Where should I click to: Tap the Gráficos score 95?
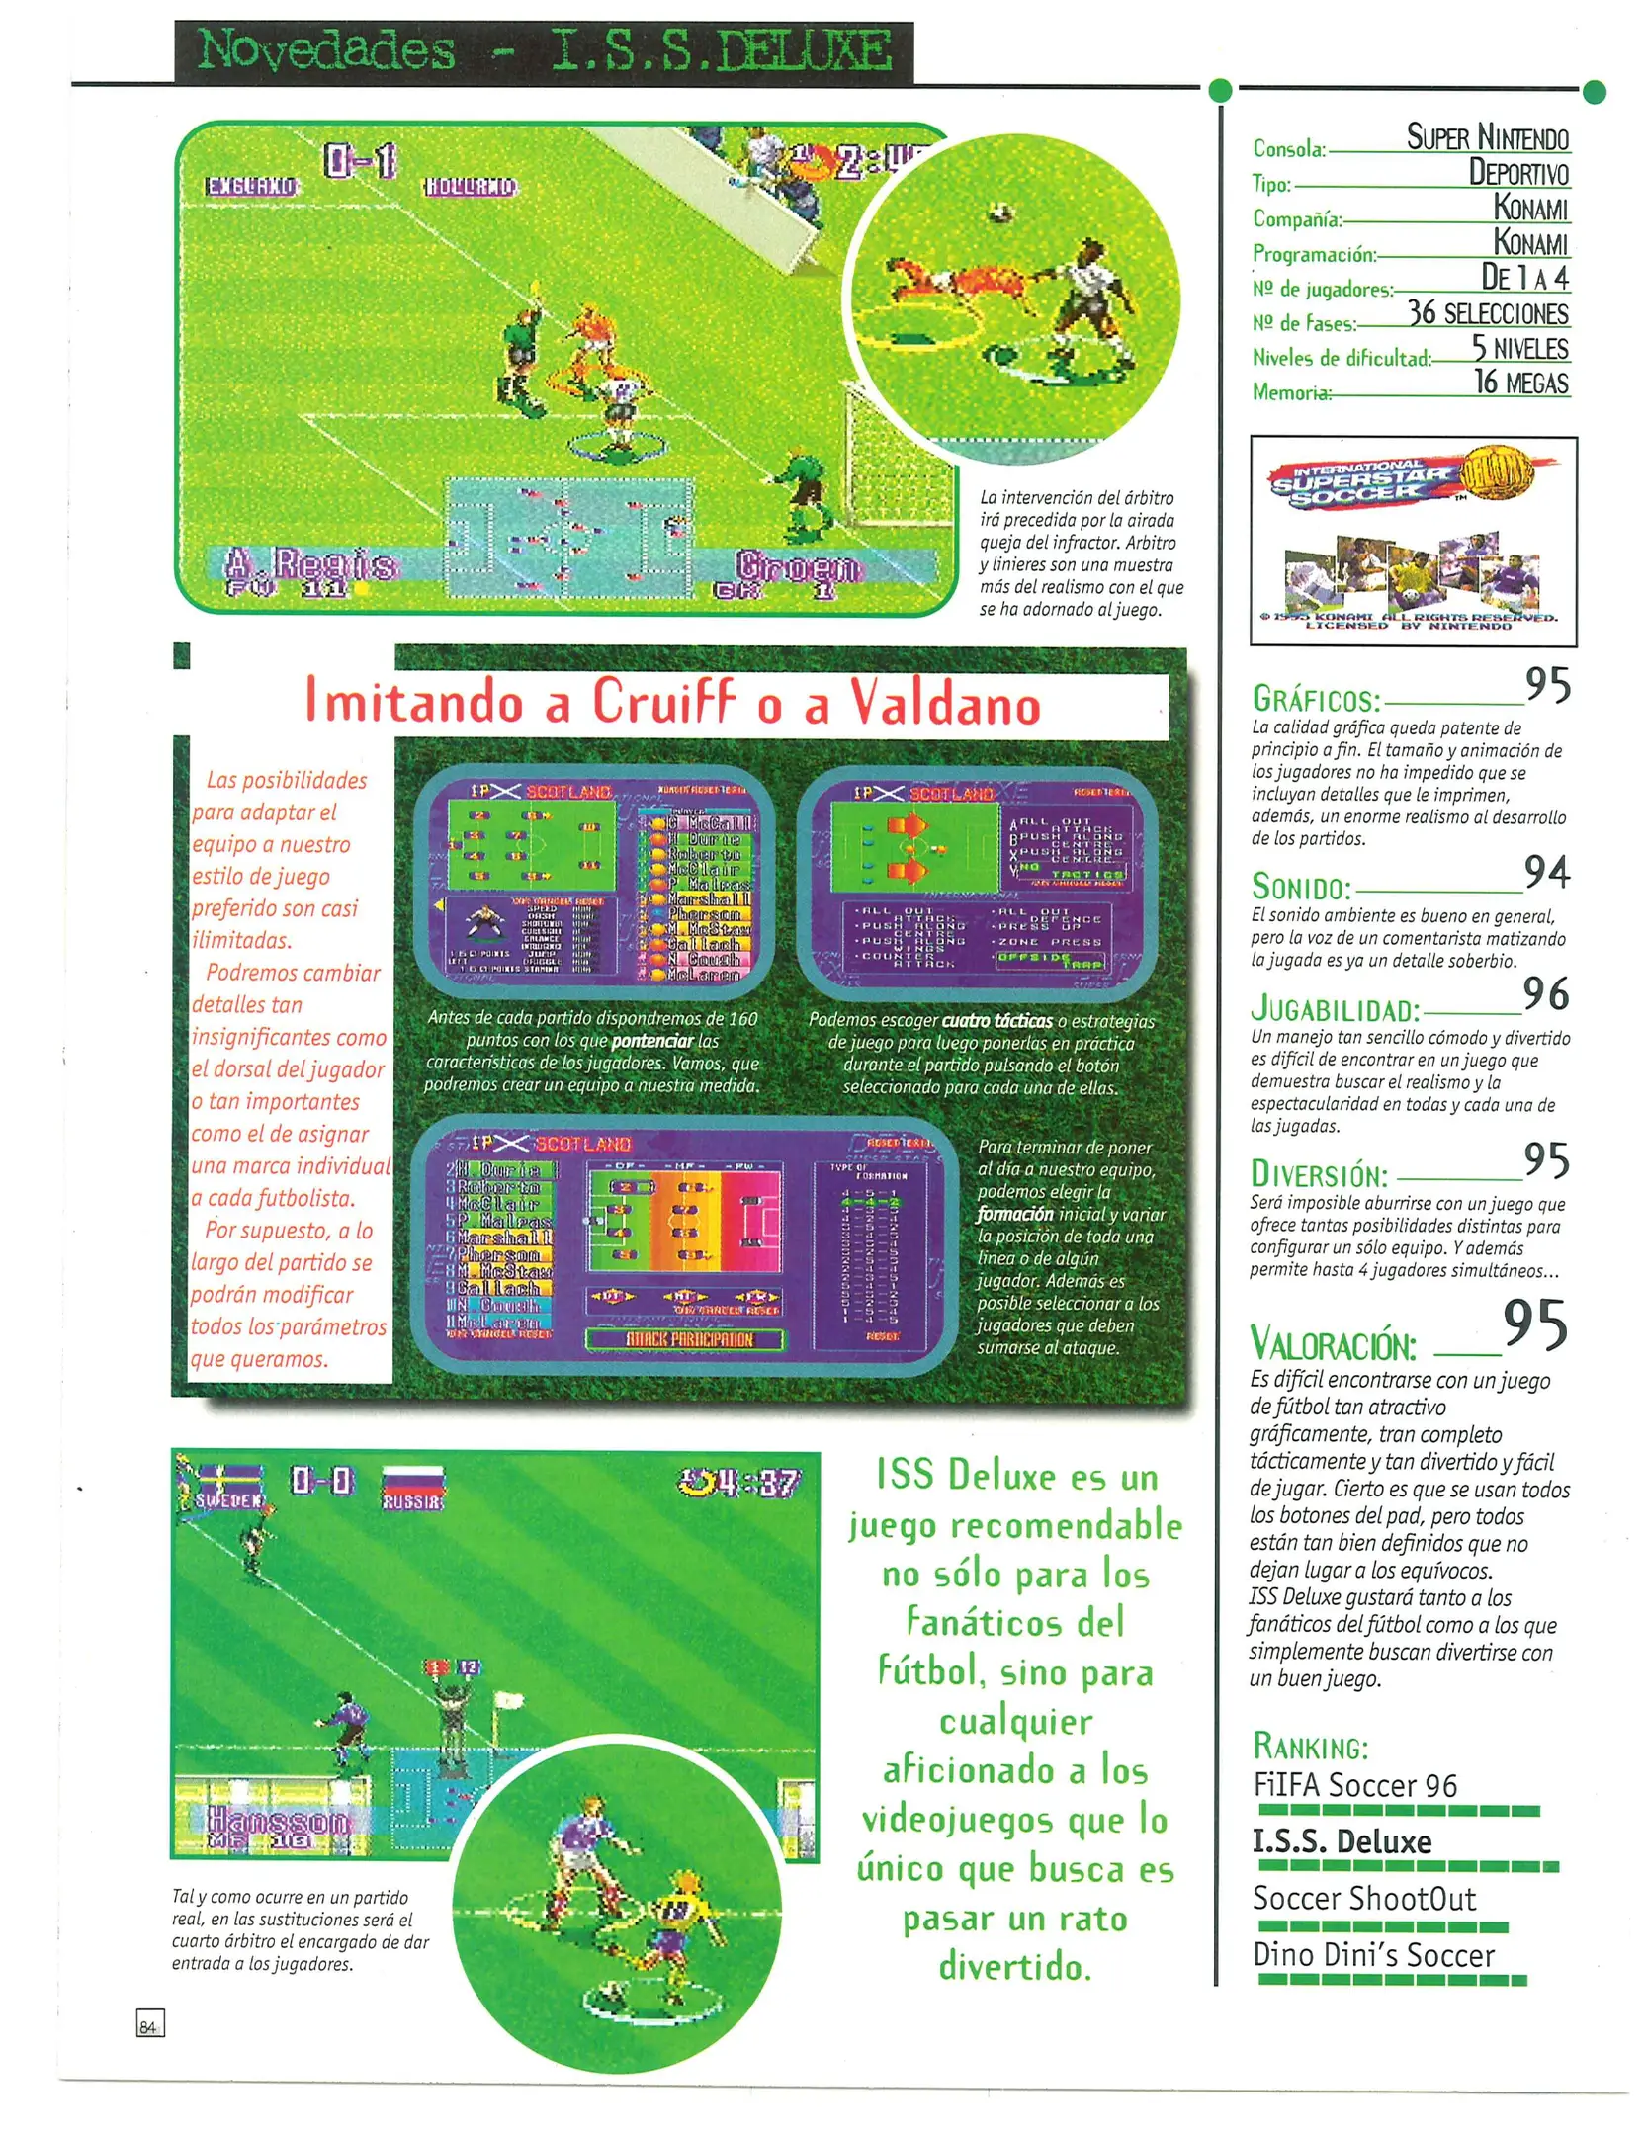tap(1547, 684)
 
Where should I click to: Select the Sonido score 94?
tap(1546, 871)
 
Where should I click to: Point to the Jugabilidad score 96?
tap(1546, 993)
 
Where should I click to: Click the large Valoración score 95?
tap(1534, 1324)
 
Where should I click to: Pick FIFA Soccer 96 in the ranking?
tap(1354, 1785)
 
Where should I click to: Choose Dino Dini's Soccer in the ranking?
tap(1373, 1955)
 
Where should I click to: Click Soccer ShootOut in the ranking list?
tap(1363, 1898)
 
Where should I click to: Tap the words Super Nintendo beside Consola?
tap(1487, 136)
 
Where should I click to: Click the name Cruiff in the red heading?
tap(663, 702)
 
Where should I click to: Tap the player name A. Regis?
tap(310, 564)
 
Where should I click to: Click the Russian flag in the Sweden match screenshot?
tap(412, 1480)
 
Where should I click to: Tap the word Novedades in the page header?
tap(326, 50)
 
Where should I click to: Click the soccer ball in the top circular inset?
tap(1000, 212)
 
